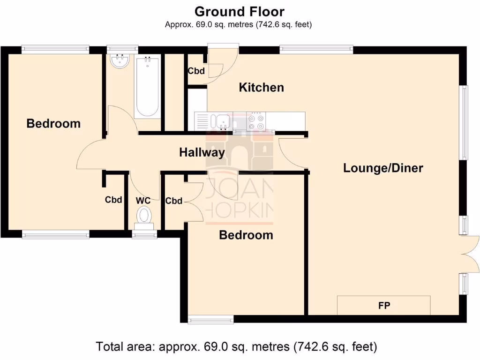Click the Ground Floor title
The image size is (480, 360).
point(239,11)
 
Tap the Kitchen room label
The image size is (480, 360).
point(261,87)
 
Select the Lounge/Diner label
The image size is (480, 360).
point(383,168)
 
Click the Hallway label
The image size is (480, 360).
point(202,152)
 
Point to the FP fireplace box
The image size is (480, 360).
point(384,306)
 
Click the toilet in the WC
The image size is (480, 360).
point(144,217)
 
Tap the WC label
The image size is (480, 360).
point(143,201)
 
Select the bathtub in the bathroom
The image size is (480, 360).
point(147,87)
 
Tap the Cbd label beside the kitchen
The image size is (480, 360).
point(196,71)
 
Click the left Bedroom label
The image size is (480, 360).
point(53,123)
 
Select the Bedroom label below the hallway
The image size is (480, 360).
point(246,235)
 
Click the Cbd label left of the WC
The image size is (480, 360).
point(113,200)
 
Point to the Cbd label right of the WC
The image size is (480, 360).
point(173,201)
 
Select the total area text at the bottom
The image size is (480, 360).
point(236,347)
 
